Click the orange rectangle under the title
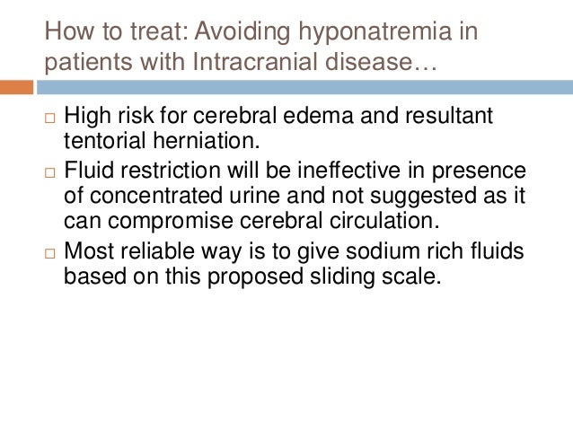tap(16, 88)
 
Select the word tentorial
tap(102, 141)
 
